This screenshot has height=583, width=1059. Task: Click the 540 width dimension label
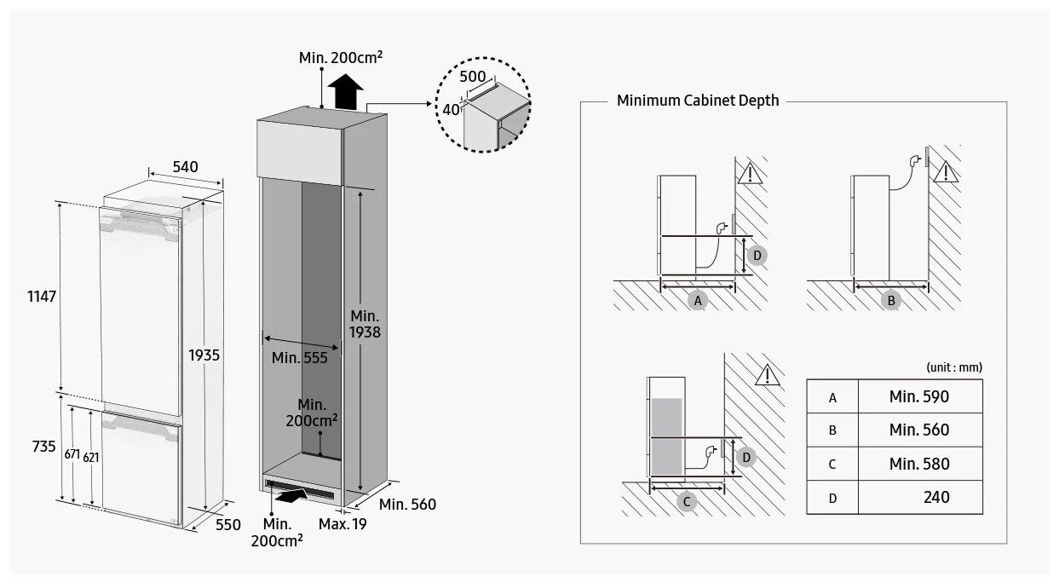click(x=185, y=167)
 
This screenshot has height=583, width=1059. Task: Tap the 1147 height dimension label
click(x=41, y=297)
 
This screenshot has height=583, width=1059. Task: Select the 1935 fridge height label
click(x=204, y=355)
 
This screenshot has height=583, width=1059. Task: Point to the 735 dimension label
click(x=43, y=447)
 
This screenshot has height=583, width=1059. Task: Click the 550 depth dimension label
click(x=227, y=525)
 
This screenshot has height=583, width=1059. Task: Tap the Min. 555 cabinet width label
click(x=300, y=358)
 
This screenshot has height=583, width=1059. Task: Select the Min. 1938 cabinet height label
click(x=365, y=324)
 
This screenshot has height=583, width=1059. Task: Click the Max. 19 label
click(x=342, y=524)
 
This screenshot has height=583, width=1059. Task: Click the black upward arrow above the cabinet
click(x=347, y=91)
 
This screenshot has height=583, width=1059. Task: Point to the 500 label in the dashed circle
click(x=472, y=76)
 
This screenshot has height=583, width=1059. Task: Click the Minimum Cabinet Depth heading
click(x=697, y=101)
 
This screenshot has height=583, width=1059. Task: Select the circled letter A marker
click(x=698, y=300)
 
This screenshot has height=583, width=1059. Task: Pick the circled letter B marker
click(x=891, y=300)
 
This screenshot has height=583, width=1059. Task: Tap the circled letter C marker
click(x=687, y=501)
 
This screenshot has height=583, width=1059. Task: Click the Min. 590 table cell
click(x=918, y=396)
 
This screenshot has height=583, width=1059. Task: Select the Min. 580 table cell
click(x=918, y=464)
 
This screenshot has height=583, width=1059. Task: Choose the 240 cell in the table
click(x=935, y=497)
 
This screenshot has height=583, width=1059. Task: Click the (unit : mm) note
click(x=953, y=367)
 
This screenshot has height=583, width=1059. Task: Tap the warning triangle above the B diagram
click(x=944, y=174)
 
